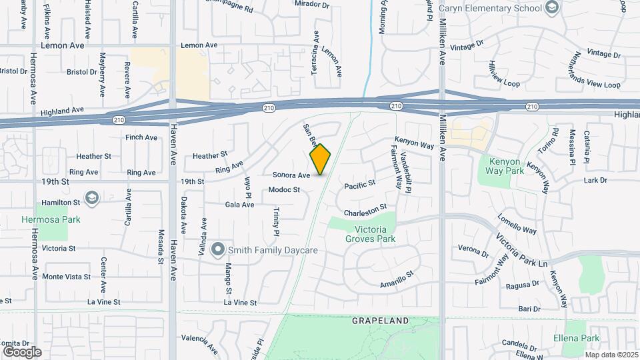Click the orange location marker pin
click(320, 160)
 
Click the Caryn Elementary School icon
click(551, 7)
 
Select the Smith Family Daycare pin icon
click(217, 251)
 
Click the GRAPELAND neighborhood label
click(380, 321)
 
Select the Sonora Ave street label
click(291, 175)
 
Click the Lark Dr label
click(595, 180)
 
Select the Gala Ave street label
click(240, 205)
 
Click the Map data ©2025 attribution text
click(611, 355)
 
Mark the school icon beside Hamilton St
click(92, 198)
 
